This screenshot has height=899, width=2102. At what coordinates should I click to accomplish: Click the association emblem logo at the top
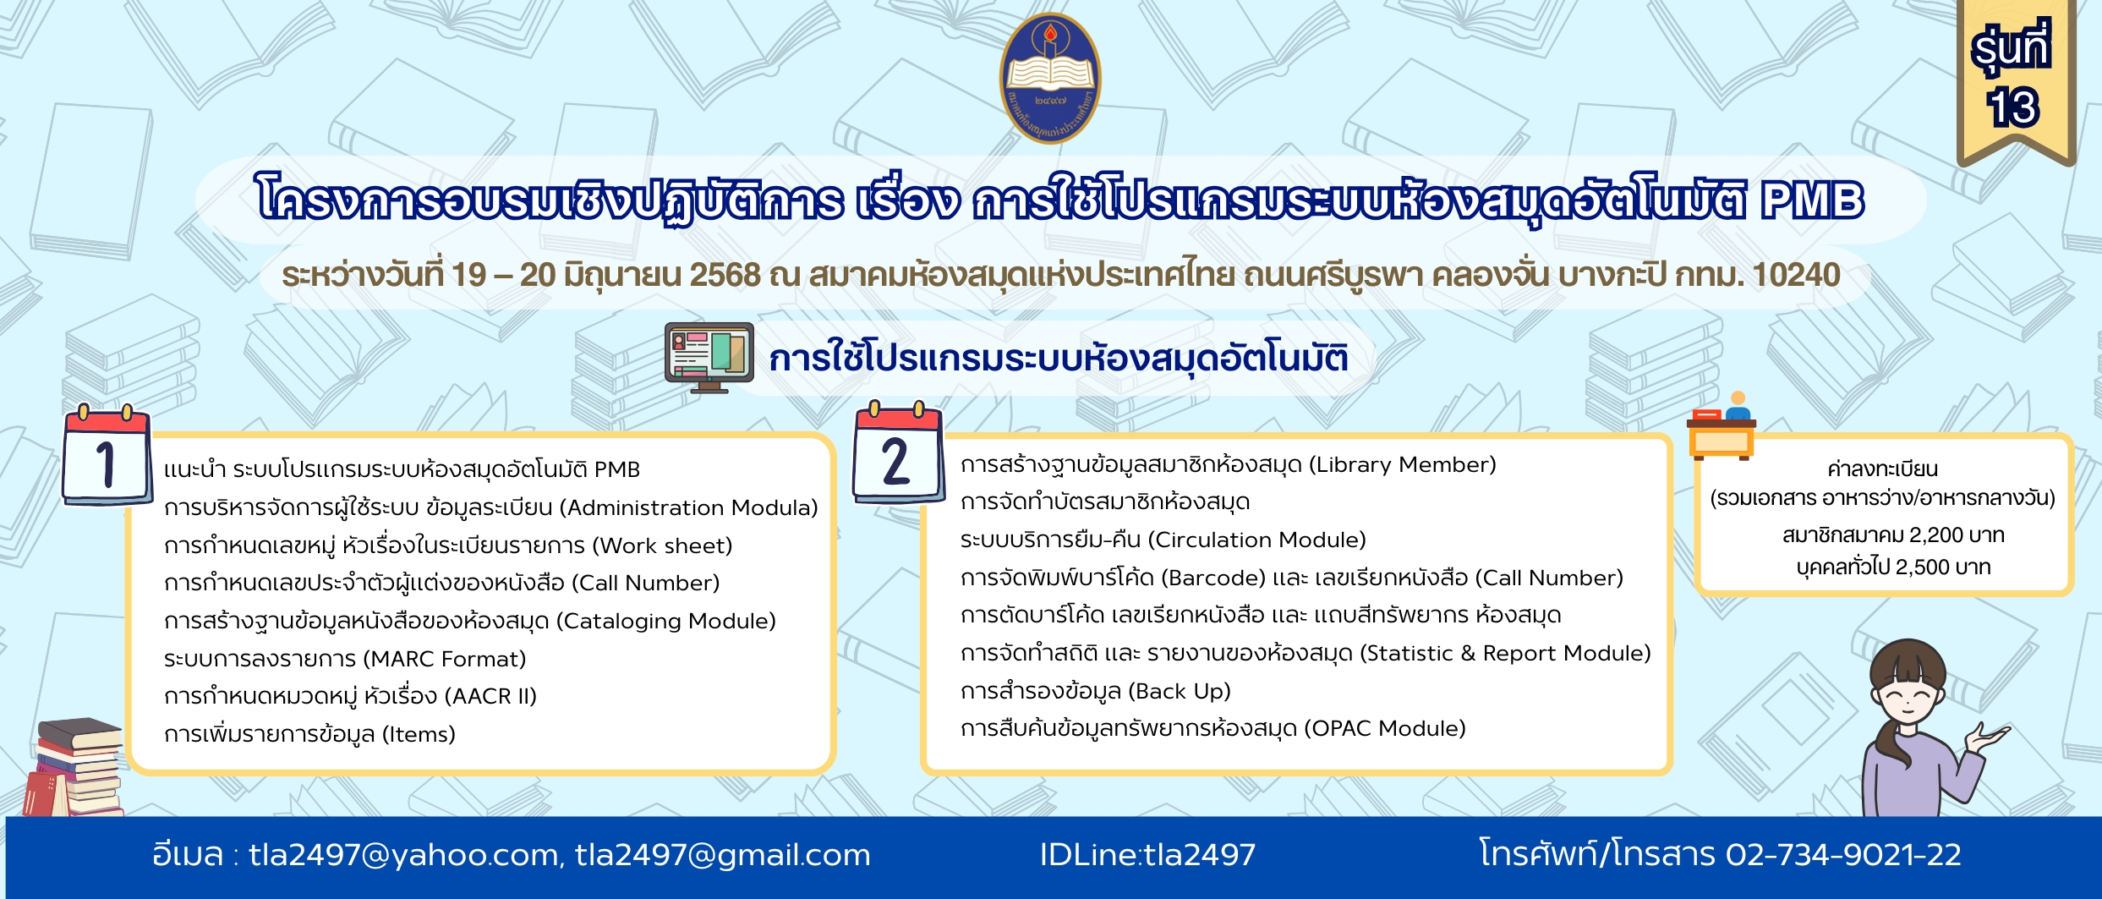point(1050,78)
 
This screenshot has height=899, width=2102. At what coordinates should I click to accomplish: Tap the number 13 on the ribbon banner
point(2012,107)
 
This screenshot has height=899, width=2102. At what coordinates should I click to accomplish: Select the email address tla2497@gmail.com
point(723,855)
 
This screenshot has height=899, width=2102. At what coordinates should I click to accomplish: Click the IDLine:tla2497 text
point(1147,855)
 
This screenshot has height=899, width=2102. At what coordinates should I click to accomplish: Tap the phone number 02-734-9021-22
point(1843,855)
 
